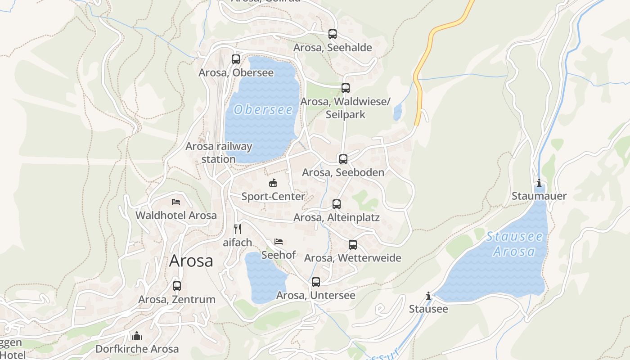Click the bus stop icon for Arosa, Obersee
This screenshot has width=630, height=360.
(x=236, y=59)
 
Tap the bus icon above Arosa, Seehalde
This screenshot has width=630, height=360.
(x=333, y=34)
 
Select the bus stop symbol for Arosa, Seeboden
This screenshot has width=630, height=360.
(x=343, y=159)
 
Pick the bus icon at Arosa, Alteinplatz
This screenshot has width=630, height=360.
(x=337, y=204)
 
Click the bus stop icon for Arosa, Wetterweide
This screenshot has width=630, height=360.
(x=353, y=245)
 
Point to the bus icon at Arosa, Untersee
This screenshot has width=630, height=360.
(x=316, y=282)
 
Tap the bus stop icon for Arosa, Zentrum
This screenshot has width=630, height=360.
(x=177, y=286)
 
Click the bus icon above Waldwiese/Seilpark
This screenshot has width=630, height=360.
(x=346, y=88)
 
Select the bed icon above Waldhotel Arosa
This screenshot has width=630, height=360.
(x=176, y=202)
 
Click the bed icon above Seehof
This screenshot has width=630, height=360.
(x=279, y=242)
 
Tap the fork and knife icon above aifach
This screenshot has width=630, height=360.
(x=238, y=229)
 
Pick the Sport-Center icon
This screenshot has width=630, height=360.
(x=273, y=183)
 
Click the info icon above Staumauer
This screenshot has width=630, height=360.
(x=539, y=183)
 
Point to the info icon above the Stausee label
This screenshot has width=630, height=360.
(x=428, y=296)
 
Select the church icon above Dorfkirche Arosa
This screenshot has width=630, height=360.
(x=137, y=336)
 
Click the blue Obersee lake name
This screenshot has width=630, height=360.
(x=263, y=109)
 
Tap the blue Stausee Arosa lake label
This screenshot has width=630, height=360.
(x=514, y=243)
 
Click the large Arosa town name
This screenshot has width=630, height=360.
(x=191, y=261)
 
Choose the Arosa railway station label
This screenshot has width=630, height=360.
(x=219, y=153)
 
